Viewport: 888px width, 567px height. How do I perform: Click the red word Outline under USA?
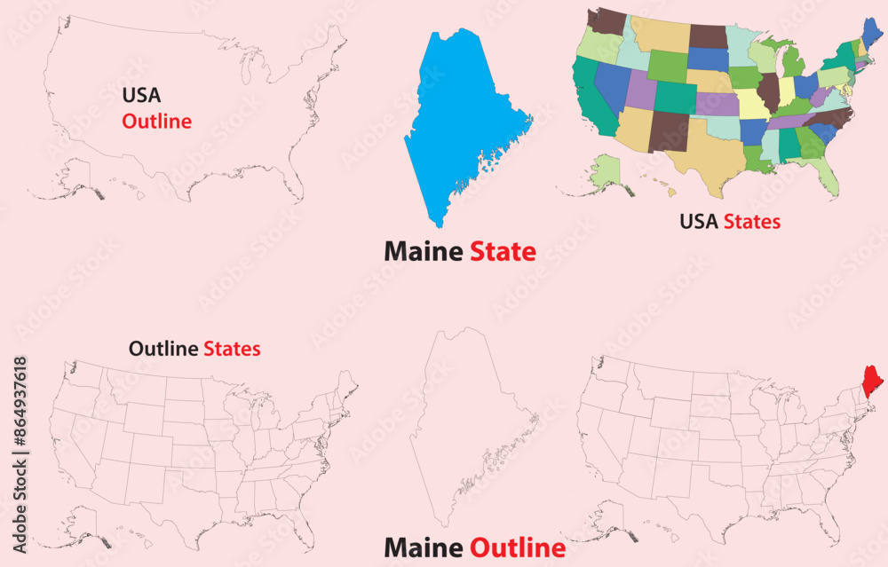(x=157, y=122)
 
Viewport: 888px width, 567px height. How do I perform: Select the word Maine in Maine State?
(x=423, y=252)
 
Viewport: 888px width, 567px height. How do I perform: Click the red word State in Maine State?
(x=503, y=252)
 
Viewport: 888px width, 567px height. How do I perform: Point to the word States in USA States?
(x=751, y=221)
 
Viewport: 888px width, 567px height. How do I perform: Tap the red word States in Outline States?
(x=232, y=349)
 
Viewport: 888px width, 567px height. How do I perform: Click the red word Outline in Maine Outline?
(x=517, y=547)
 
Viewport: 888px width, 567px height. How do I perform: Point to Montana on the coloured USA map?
(x=659, y=34)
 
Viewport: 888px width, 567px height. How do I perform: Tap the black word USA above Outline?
(x=142, y=95)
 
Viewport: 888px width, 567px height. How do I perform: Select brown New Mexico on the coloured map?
(x=668, y=130)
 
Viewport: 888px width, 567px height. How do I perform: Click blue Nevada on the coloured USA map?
(x=613, y=84)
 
